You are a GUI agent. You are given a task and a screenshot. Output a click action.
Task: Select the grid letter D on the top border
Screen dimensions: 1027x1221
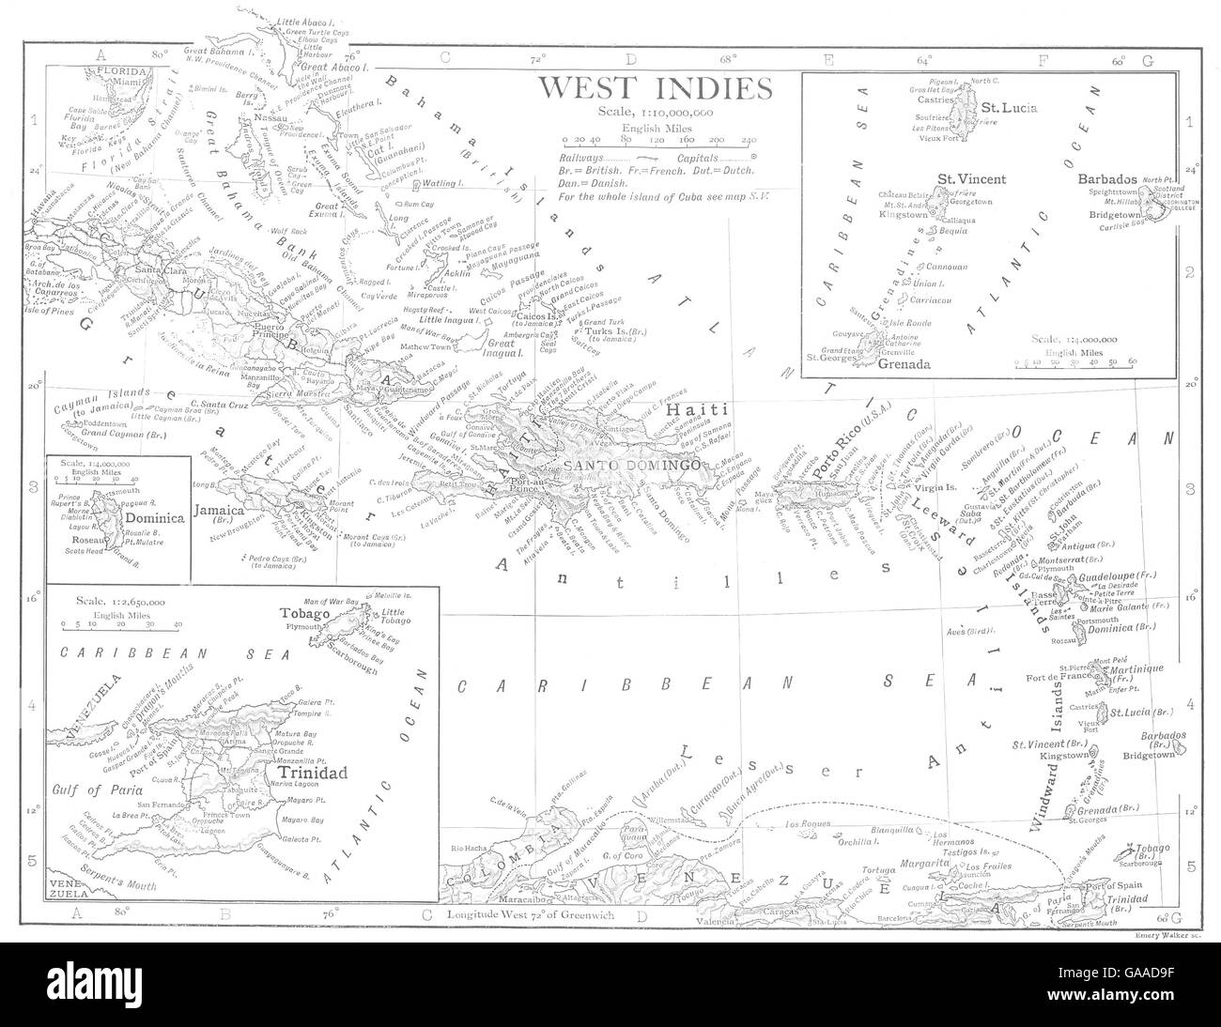coord(630,59)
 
